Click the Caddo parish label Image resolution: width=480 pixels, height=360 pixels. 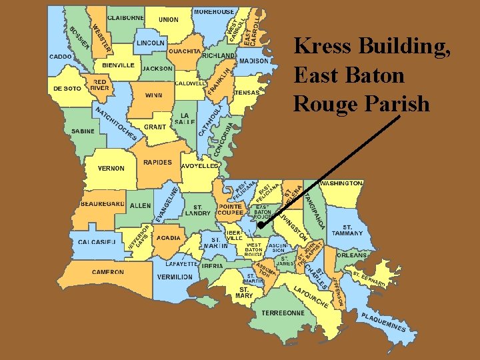point(61,57)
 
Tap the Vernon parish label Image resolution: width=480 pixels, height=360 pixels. point(111,168)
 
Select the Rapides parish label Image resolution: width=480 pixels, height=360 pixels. point(157,162)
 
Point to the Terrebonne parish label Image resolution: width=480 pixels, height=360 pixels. point(283,313)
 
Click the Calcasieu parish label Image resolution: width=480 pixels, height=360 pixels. point(97,241)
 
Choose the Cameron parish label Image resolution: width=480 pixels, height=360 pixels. point(107,272)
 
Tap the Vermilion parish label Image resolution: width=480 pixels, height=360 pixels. point(175,277)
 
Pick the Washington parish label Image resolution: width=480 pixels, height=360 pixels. point(341,183)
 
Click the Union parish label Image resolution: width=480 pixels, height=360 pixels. point(168,20)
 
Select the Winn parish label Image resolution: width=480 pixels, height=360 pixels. point(153,95)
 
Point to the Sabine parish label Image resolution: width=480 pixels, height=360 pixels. point(83,131)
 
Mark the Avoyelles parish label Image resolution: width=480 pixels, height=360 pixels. point(200,166)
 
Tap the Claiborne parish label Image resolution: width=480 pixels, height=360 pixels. point(125,17)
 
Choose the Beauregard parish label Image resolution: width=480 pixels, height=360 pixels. point(102,203)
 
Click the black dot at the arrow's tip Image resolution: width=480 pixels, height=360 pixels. point(261,226)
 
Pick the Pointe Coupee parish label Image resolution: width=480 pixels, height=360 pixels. point(231,210)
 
